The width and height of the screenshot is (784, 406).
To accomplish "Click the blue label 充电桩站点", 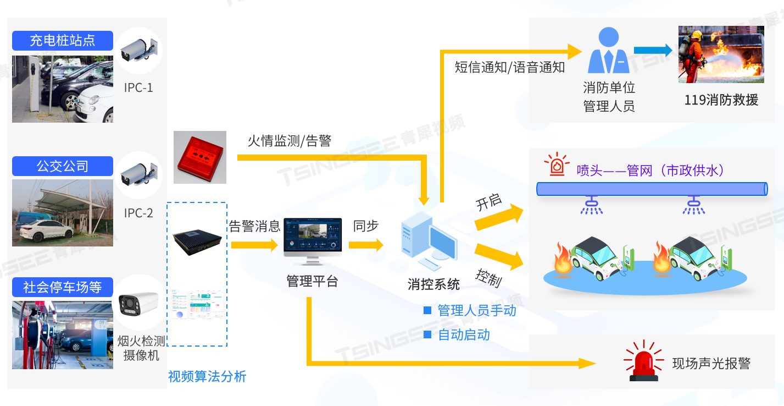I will point(63,41).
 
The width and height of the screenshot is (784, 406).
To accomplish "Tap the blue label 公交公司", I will point(63,166).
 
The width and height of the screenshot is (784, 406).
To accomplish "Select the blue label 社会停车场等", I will point(63,287).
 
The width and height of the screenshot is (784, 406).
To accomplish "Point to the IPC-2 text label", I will point(138,213).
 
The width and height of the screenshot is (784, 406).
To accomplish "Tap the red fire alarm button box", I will point(200,157).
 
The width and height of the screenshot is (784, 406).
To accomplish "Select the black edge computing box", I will point(197,239).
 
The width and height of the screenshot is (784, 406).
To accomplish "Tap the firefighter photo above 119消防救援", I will point(721,54).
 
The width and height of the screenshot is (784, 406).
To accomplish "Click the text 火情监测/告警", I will point(290,141).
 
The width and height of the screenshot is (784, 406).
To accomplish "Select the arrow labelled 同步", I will point(366,245).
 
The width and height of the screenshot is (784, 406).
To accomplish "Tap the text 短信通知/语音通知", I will point(510,68).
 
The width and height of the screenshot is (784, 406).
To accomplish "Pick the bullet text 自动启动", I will point(464,334).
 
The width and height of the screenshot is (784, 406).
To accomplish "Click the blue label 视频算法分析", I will point(207,376).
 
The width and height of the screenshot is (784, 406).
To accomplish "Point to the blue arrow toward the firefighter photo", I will point(653,51).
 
